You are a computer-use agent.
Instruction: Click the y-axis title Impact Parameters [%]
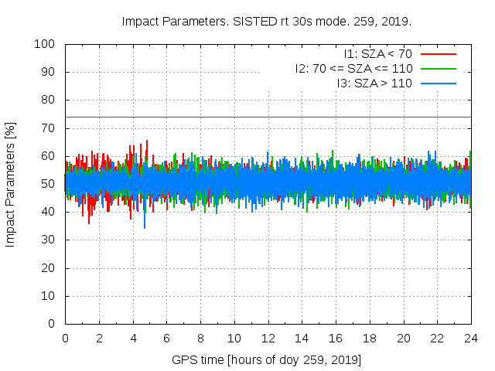click(11, 184)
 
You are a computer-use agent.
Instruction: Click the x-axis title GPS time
click(267, 360)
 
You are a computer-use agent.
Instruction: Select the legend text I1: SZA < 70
click(379, 54)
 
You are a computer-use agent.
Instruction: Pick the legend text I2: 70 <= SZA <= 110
click(353, 69)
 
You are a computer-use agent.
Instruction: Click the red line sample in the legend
click(438, 54)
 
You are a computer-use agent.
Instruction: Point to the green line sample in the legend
click(438, 69)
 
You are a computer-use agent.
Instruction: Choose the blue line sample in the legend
click(438, 83)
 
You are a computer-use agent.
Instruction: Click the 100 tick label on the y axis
click(44, 44)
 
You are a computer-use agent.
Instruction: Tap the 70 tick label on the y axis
click(47, 128)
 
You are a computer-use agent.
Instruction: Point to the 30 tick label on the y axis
click(47, 240)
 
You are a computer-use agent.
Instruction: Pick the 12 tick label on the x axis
click(268, 338)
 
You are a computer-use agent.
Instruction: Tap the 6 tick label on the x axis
click(166, 338)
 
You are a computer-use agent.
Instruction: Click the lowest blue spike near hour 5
click(144, 227)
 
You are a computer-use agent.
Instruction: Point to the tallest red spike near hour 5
click(147, 141)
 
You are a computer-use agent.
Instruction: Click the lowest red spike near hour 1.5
click(88, 223)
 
